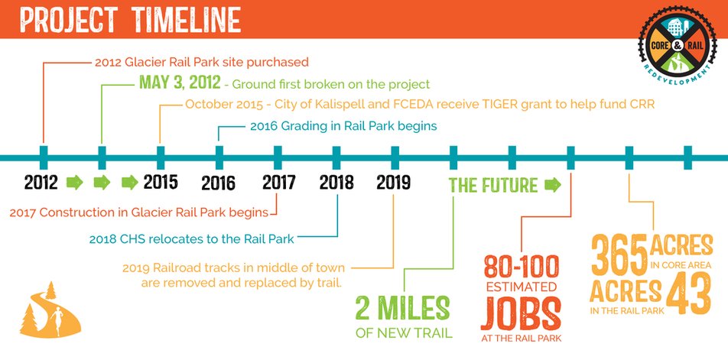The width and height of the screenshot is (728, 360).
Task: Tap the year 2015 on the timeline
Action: tap(160, 183)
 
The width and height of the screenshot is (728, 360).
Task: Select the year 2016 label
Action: tap(218, 183)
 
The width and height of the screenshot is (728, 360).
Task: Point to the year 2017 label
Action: tap(278, 183)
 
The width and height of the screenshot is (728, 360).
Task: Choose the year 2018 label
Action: tap(336, 183)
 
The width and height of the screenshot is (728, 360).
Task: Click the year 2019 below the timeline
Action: tap(394, 183)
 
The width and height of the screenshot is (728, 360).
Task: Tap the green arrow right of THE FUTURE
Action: tap(552, 184)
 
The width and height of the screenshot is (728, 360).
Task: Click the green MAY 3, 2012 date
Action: tap(180, 83)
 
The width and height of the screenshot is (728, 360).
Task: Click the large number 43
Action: tap(687, 294)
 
